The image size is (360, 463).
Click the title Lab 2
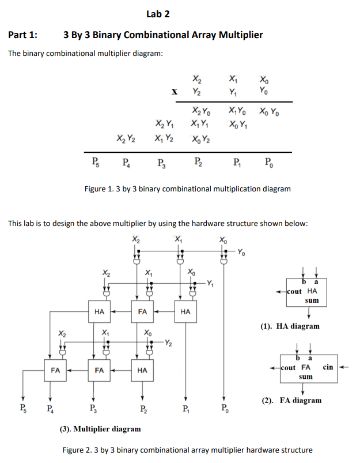[x=158, y=14]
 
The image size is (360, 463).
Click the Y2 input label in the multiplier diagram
[x=169, y=344]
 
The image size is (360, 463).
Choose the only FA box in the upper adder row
[x=142, y=312]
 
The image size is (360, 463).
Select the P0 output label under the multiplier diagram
[x=224, y=411]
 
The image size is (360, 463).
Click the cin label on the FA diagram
[x=328, y=367]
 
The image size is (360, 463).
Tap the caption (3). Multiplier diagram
[x=100, y=429]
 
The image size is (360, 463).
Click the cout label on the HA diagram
[x=294, y=291]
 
